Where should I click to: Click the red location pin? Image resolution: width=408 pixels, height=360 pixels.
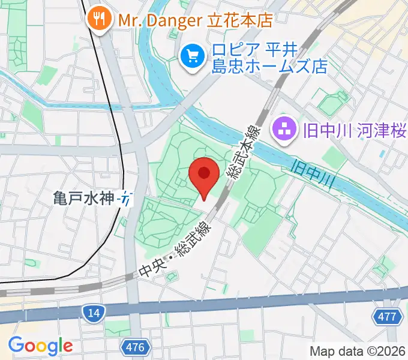[x=204, y=175]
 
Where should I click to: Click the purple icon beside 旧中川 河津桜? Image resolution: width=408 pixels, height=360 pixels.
[x=281, y=130]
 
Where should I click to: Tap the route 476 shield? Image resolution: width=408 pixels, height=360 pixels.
[x=134, y=346]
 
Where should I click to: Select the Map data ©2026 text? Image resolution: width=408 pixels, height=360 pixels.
[x=358, y=351]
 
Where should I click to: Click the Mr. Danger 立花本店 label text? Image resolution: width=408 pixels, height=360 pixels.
[x=195, y=20]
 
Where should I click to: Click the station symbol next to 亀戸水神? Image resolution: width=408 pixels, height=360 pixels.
[x=125, y=198]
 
